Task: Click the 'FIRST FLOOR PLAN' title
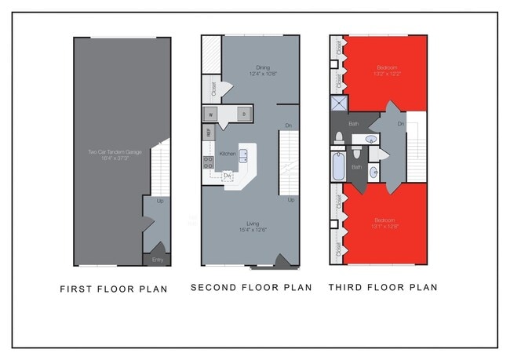click(114, 289)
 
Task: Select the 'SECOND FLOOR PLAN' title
click(251, 288)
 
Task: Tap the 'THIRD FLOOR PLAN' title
click(383, 288)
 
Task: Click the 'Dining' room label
click(262, 67)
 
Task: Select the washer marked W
click(210, 115)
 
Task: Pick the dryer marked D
click(243, 115)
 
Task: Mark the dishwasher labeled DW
click(228, 176)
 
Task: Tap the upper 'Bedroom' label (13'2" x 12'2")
click(385, 68)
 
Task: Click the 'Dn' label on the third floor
click(400, 123)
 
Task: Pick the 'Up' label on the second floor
click(290, 199)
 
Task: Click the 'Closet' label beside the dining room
click(214, 89)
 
